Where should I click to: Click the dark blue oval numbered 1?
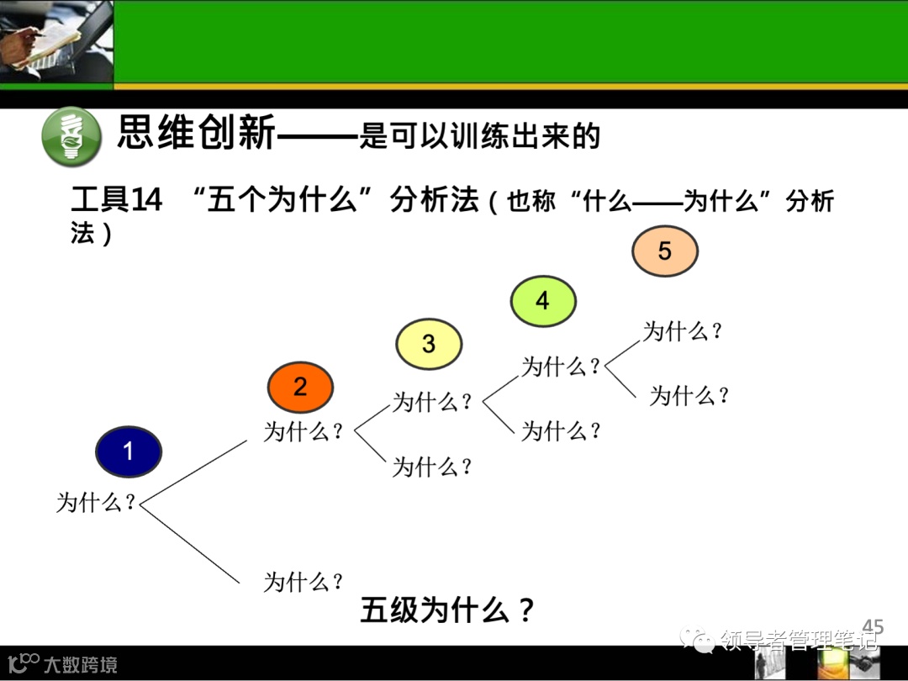coord(128,452)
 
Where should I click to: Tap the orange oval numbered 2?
coord(300,388)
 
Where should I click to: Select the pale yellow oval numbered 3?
coord(429,344)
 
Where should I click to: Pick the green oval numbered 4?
coord(543,301)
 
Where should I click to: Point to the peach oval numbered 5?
coord(665,251)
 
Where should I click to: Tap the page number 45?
coord(874,626)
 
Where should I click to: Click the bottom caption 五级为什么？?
coord(447,610)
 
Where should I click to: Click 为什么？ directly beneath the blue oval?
coord(96,503)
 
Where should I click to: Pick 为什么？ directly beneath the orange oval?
coord(304,432)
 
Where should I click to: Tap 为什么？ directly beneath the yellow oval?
coord(432,402)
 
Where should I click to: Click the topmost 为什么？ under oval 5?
coord(683,331)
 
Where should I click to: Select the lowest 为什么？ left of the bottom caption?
coord(304,581)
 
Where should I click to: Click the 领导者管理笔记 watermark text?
coord(799,641)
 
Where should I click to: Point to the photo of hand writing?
coord(55,41)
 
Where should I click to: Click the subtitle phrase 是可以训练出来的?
coord(479,135)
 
